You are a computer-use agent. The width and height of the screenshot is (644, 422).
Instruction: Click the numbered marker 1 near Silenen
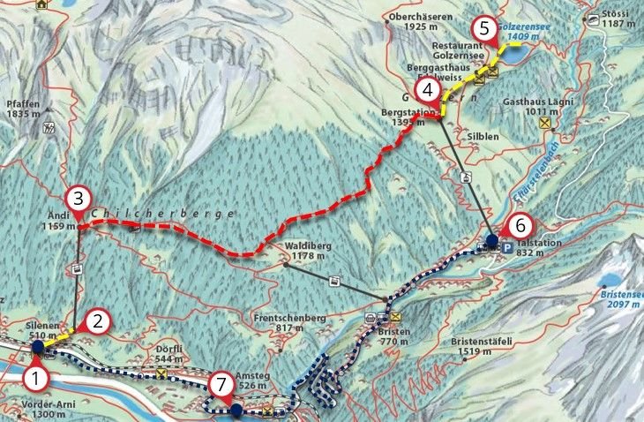point(34,381)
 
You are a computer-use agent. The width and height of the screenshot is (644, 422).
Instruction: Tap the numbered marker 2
point(100,321)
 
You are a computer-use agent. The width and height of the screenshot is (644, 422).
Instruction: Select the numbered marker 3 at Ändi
point(78,198)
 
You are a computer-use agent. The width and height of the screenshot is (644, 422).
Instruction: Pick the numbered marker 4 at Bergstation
point(427,90)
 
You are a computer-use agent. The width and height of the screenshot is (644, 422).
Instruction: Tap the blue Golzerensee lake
point(516,55)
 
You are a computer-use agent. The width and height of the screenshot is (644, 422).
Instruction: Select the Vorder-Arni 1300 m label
point(32,411)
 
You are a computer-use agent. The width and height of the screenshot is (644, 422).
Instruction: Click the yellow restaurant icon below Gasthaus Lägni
point(545,124)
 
